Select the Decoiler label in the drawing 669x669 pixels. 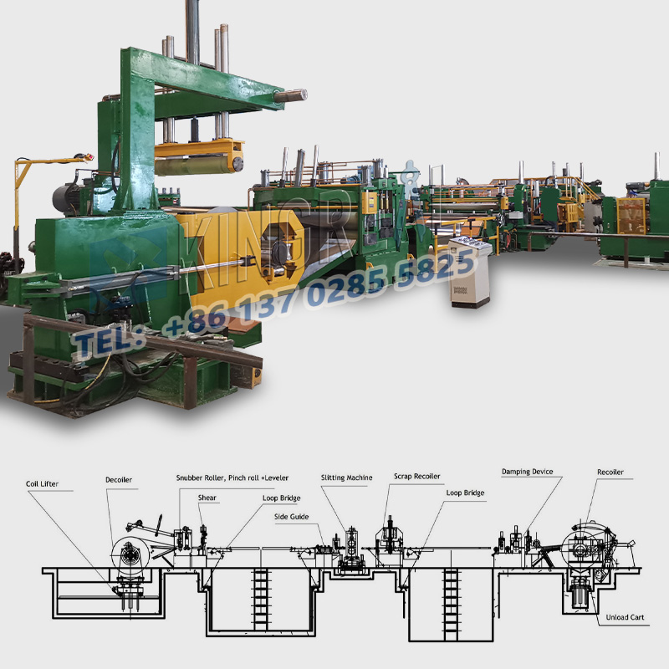click(x=119, y=480)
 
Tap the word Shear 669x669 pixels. click(x=207, y=498)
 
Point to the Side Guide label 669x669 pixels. click(x=291, y=517)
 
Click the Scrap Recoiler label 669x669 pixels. click(x=416, y=477)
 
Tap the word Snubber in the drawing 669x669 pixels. click(x=194, y=477)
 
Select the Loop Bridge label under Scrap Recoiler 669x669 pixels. click(x=465, y=493)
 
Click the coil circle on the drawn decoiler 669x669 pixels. click(x=130, y=554)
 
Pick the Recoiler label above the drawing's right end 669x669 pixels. click(x=610, y=473)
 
